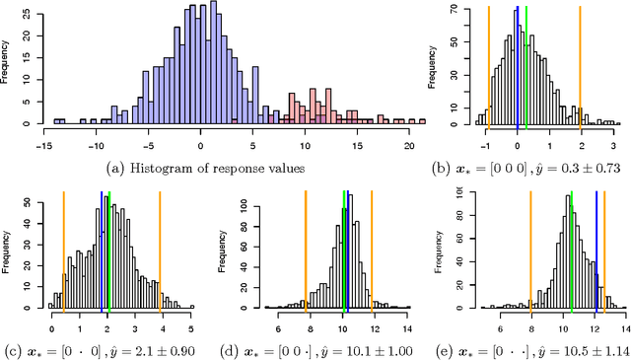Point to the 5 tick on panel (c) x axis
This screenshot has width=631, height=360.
tap(191, 318)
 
